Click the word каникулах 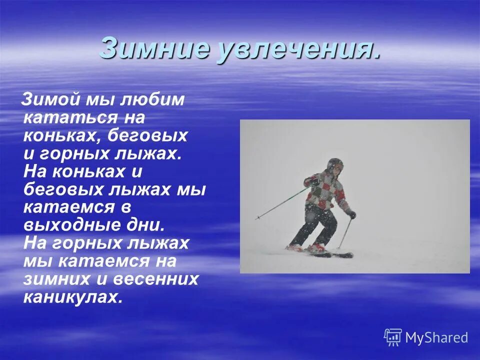pos(72,296)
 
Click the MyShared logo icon pos(392,337)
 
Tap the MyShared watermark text pos(436,337)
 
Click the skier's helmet pos(335,164)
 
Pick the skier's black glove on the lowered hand pos(351,214)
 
